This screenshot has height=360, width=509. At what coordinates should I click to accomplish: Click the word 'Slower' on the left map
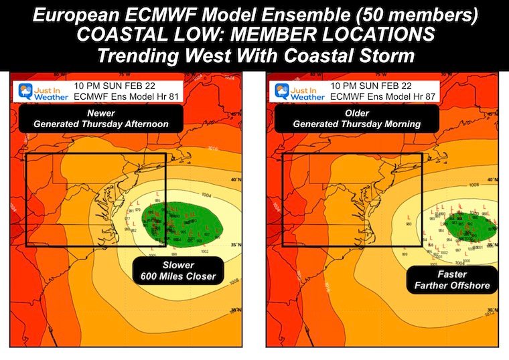click(x=176, y=264)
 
